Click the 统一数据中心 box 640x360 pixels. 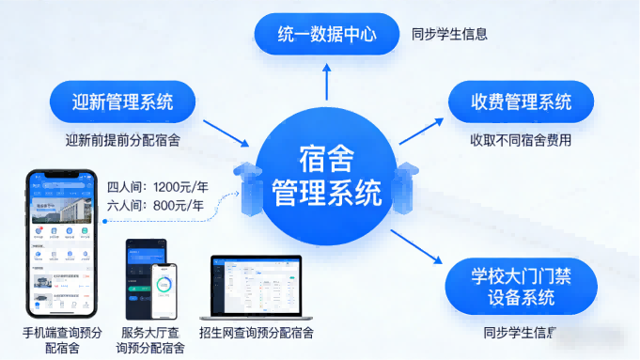[326, 36]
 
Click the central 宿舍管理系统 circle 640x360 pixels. [326, 180]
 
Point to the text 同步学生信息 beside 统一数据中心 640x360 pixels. [448, 36]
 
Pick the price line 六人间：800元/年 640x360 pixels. [155, 205]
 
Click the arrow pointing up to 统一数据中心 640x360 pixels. [326, 83]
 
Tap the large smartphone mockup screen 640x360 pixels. [62, 245]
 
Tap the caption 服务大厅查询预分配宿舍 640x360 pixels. [150, 340]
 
